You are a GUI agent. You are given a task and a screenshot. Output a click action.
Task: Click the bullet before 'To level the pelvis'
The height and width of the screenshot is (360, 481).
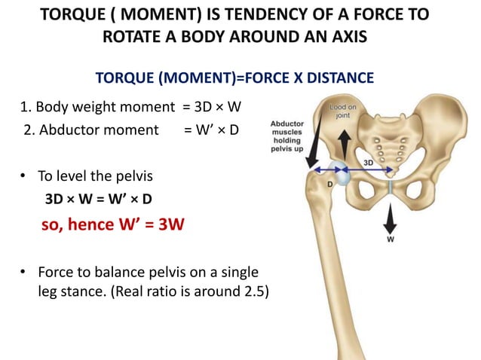pyautogui.click(x=24, y=178)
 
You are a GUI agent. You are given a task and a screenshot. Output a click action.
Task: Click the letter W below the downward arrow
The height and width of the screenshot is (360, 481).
pyautogui.click(x=391, y=240)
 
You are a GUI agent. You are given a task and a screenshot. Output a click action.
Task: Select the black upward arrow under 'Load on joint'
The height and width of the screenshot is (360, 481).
pyautogui.click(x=343, y=142)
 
